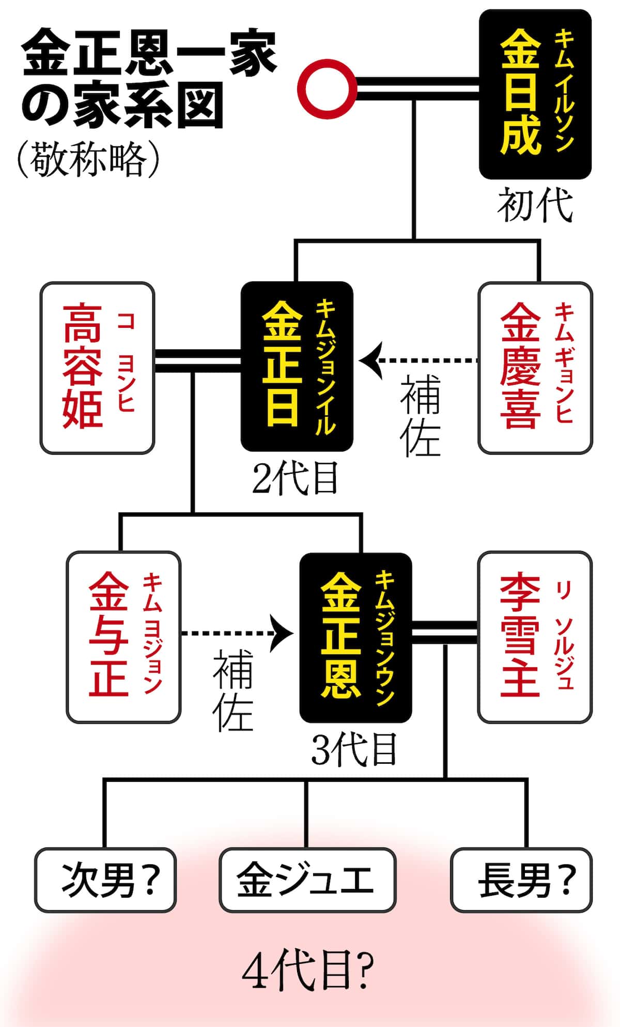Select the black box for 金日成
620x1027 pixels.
pyautogui.click(x=535, y=94)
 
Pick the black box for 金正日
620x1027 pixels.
pyautogui.click(x=297, y=366)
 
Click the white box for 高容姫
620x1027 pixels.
pyautogui.click(x=98, y=368)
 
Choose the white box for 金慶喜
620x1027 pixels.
pyautogui.click(x=535, y=368)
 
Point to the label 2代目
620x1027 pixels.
pyautogui.click(x=296, y=478)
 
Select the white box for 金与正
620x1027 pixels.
pyautogui.click(x=123, y=637)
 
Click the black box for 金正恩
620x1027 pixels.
pyautogui.click(x=355, y=637)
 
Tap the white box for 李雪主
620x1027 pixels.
pyautogui.click(x=535, y=637)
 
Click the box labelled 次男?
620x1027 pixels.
pyautogui.click(x=106, y=880)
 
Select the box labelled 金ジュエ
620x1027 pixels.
pyautogui.click(x=307, y=880)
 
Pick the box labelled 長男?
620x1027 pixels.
pyautogui.click(x=521, y=880)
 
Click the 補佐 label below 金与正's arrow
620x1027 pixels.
pyautogui.click(x=233, y=690)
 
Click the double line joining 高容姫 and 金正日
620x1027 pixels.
pyautogui.click(x=198, y=360)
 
